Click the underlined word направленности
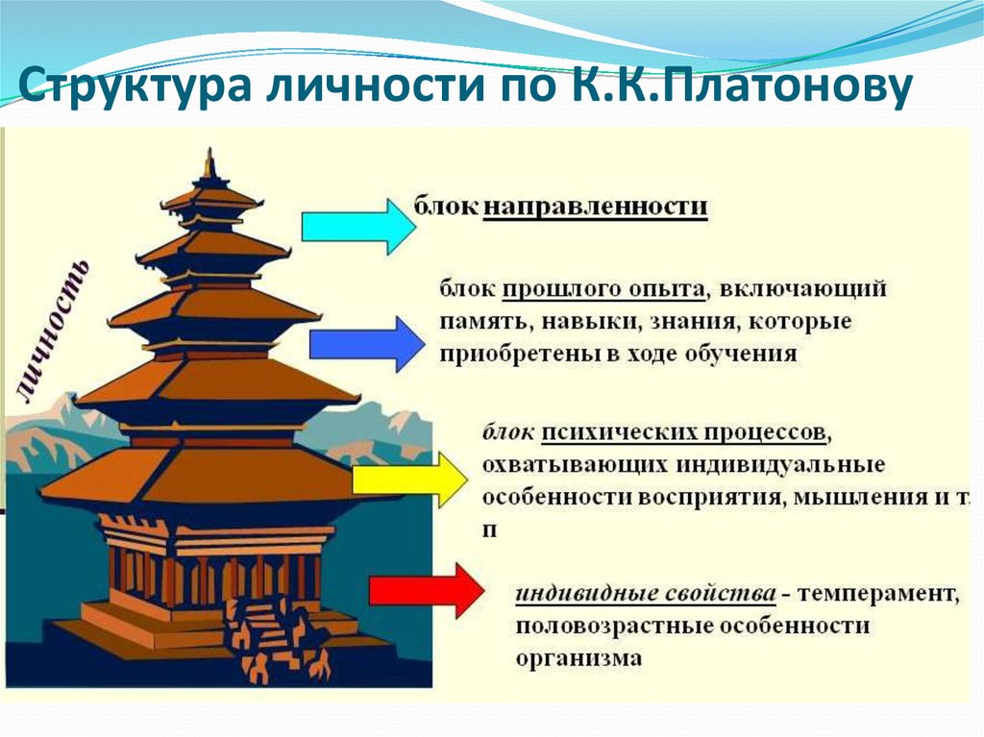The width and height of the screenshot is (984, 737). point(595,208)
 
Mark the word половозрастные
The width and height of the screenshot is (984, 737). point(610,626)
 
